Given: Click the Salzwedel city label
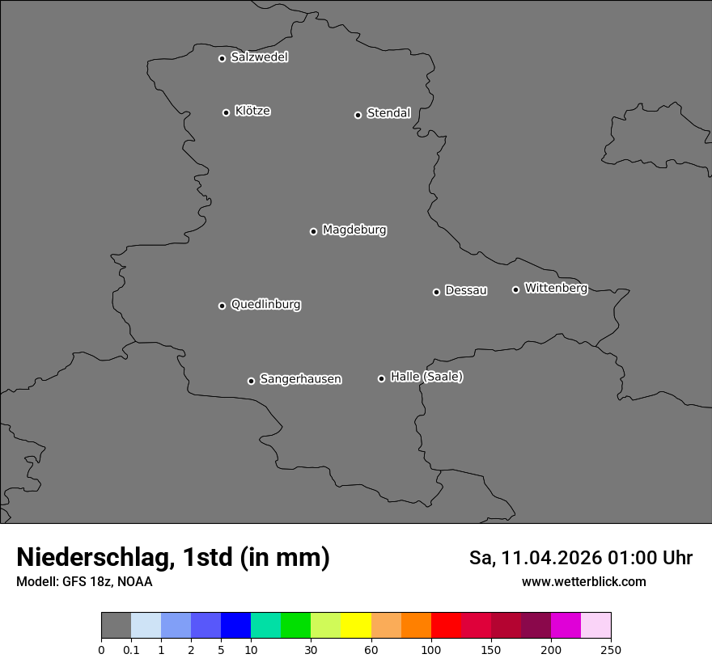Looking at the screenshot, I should point(259,57).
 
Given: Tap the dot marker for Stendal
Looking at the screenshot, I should point(358,115).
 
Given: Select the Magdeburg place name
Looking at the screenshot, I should point(354,230).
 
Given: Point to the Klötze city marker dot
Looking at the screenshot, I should point(226,112).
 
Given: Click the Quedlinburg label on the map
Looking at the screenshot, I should point(265,305).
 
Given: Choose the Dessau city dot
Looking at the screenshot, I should point(436,292).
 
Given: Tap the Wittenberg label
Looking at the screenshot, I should point(556,289).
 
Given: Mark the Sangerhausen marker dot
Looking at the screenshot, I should point(251,381).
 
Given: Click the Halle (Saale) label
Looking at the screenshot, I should point(426,377).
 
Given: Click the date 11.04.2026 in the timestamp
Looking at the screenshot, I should point(552,558).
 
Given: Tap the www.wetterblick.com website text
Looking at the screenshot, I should point(583,581).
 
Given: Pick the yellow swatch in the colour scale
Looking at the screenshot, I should point(356,626).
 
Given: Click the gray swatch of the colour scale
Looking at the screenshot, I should point(116,626).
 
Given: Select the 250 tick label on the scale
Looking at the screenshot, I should point(611,650).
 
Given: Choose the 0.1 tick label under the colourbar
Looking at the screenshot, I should point(131,650).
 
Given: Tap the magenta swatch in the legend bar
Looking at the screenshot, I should point(566,626).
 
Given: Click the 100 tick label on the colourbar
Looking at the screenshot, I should point(430,650).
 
